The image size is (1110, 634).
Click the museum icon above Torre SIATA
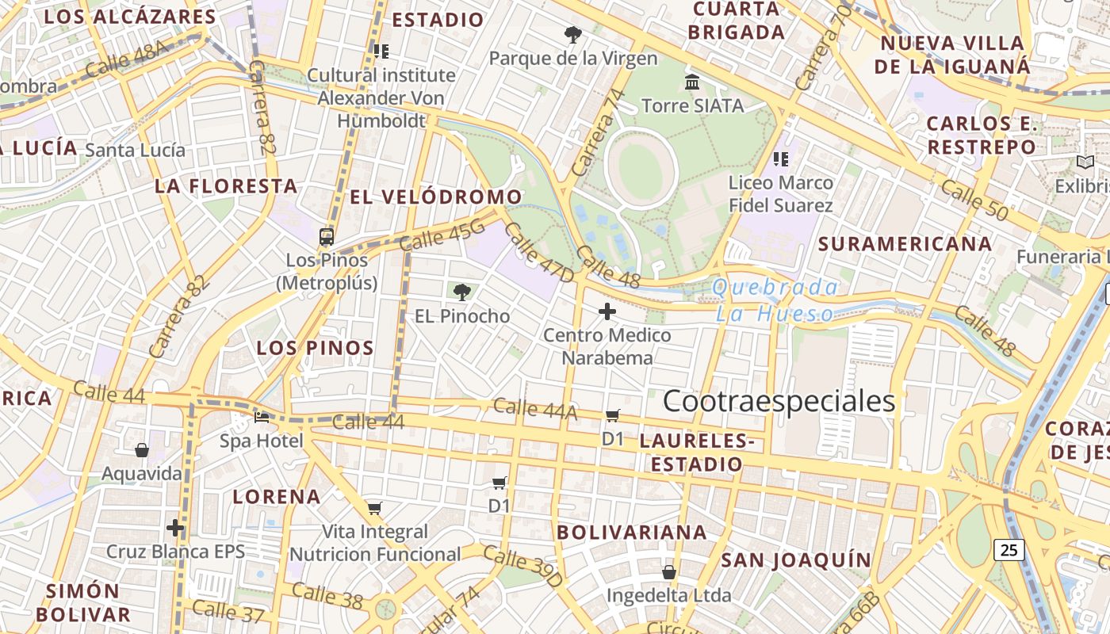692,82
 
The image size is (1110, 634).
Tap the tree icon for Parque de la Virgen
572,35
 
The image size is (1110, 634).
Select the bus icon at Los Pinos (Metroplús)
327,236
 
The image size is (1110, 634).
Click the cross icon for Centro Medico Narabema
607,311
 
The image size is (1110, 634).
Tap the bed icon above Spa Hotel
262,417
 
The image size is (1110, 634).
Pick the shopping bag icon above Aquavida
142,450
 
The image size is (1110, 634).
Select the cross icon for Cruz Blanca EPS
175,527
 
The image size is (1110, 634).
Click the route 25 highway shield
1009,549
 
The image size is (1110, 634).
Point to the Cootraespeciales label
779,402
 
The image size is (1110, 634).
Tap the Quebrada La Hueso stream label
775,300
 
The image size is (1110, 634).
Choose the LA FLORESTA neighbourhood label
226,186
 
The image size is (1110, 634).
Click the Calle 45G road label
442,235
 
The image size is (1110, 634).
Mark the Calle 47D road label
538,252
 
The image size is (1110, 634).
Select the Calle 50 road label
974,201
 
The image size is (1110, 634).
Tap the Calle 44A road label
535,409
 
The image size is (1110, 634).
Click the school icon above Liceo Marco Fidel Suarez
781,159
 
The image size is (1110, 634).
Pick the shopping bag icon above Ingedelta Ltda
669,571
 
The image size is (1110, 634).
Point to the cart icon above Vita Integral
375,508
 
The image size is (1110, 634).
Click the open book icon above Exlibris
1085,162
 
